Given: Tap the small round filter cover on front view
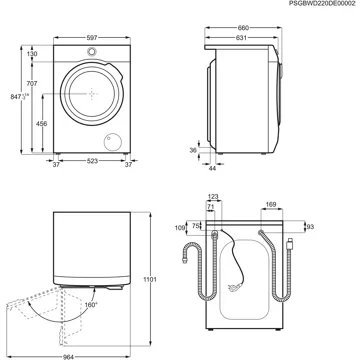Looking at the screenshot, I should click(x=116, y=140).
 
